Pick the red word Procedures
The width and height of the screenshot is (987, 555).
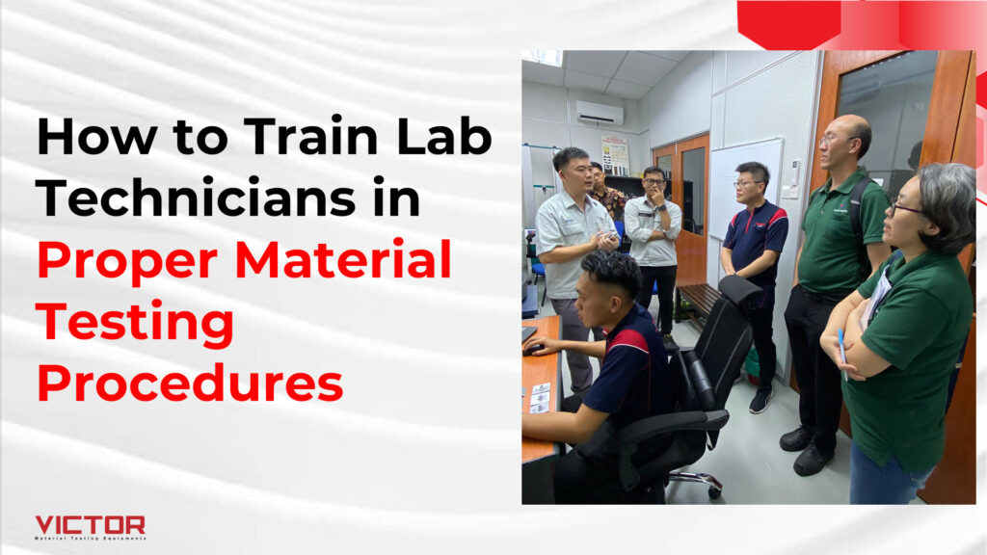click(190, 383)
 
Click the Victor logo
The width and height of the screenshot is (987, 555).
click(90, 527)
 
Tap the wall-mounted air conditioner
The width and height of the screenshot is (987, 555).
click(600, 114)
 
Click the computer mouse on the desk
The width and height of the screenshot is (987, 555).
click(533, 350)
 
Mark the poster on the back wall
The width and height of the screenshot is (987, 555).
click(615, 155)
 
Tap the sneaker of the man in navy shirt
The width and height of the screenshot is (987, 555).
click(760, 400)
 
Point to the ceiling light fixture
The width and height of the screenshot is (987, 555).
click(543, 58)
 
